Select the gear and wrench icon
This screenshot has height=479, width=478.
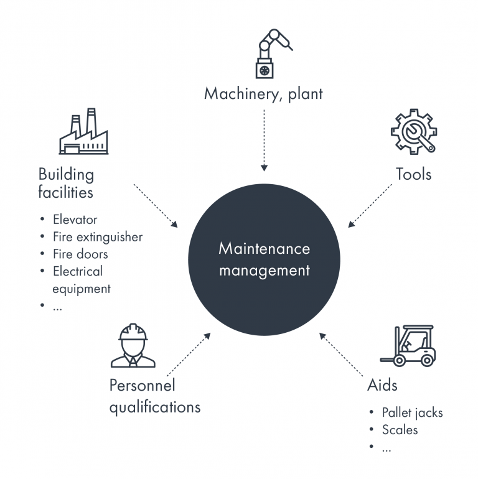[414, 132]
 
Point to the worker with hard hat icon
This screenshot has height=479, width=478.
[133, 346]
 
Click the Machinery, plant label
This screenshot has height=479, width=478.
[264, 94]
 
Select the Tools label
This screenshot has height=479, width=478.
[414, 174]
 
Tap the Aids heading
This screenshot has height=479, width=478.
[382, 385]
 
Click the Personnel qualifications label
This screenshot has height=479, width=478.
[154, 396]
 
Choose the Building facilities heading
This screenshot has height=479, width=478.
[66, 183]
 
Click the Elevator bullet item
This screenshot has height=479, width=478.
[75, 220]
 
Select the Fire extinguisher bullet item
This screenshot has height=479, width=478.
[98, 237]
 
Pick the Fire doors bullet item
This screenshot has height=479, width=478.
[80, 254]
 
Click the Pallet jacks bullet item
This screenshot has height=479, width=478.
[412, 412]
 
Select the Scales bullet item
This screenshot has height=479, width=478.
[400, 430]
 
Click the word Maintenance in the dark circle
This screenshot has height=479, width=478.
[264, 249]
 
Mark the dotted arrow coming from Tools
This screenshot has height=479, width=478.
[370, 206]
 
